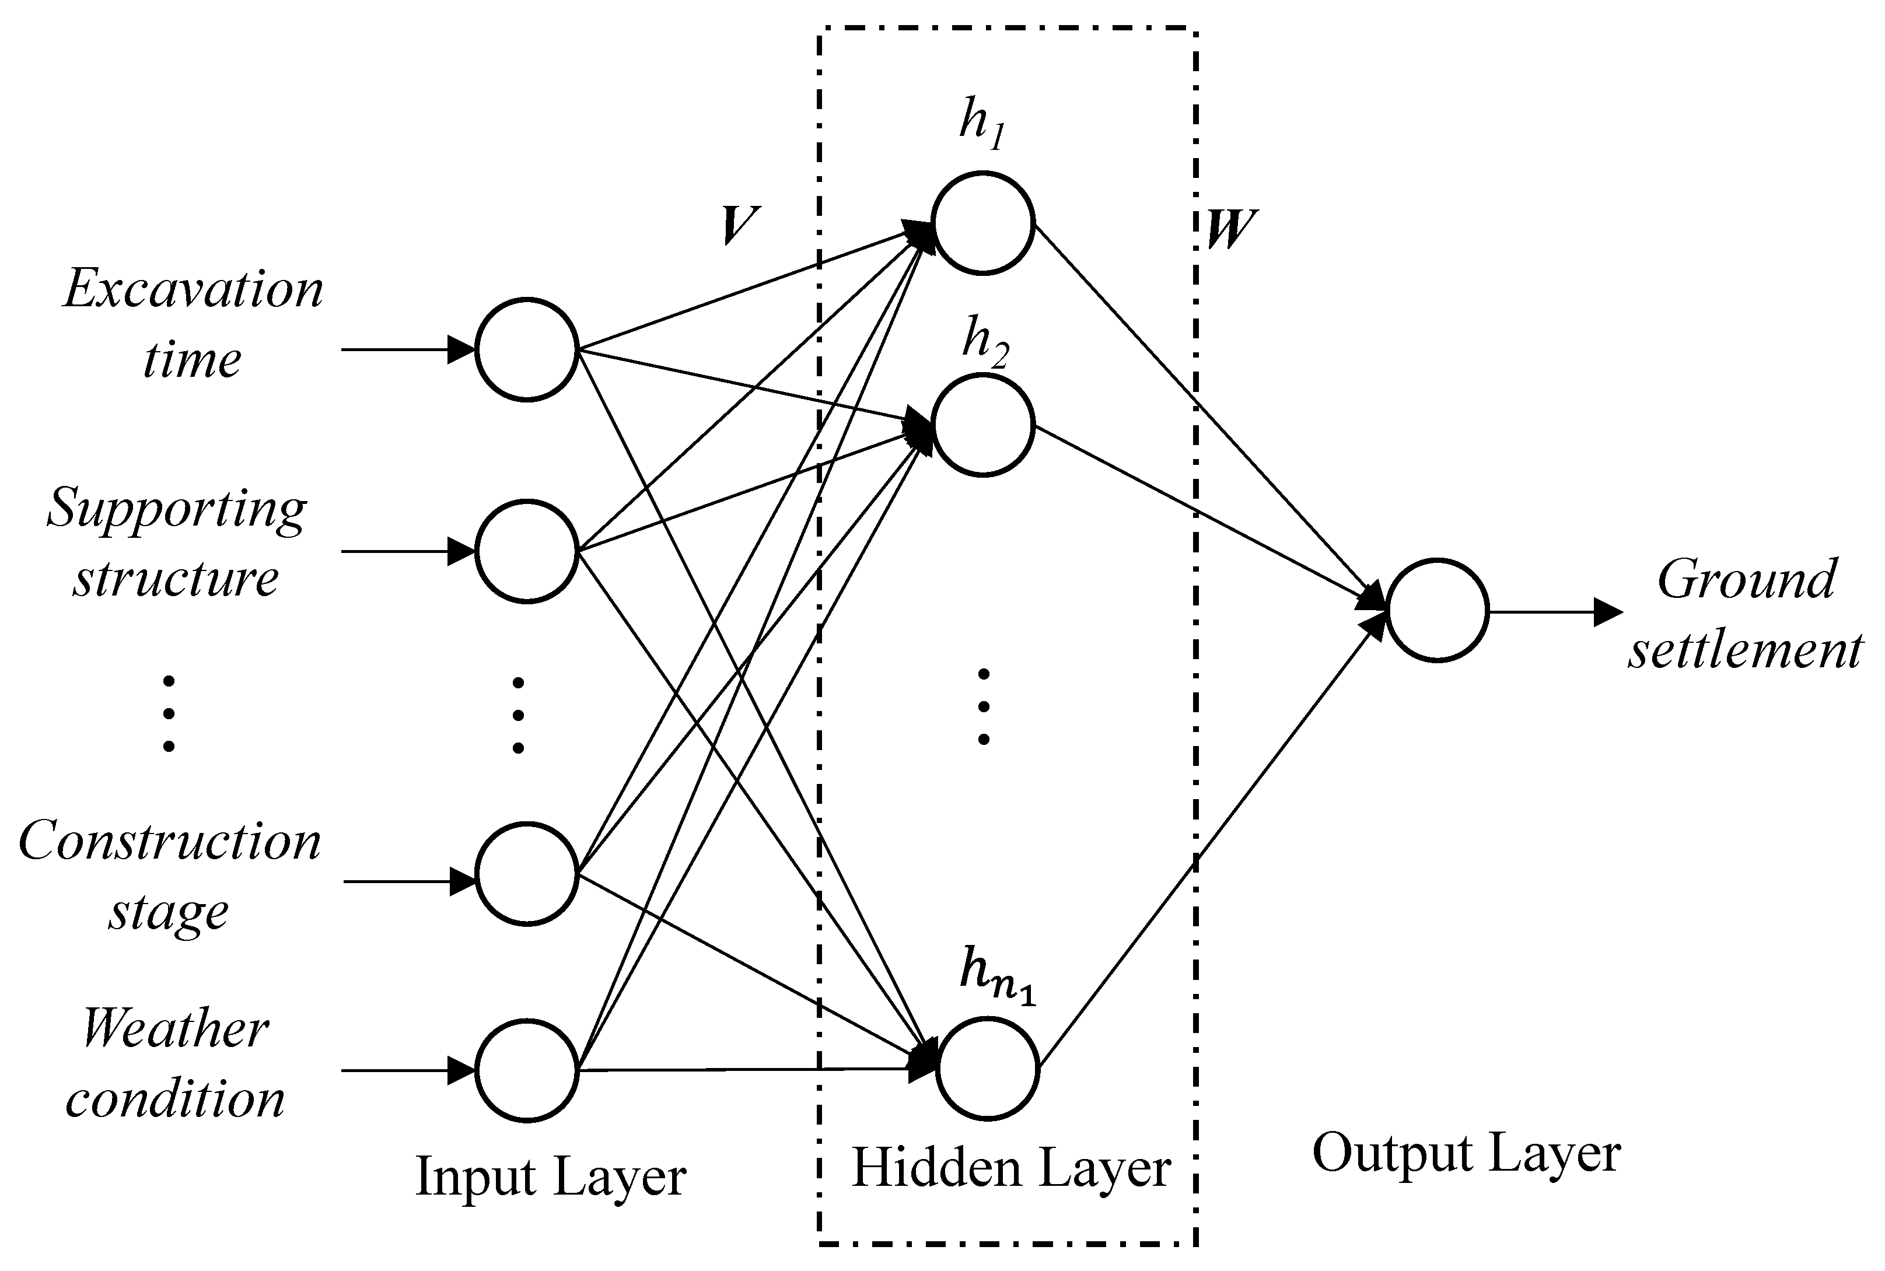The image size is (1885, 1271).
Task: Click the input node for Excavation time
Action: (x=526, y=349)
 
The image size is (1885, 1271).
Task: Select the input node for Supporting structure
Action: (x=526, y=551)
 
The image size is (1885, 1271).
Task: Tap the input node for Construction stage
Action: (x=526, y=874)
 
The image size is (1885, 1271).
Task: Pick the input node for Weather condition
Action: (x=526, y=1071)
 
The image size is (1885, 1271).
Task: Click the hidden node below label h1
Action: (x=982, y=223)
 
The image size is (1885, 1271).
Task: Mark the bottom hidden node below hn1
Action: (x=988, y=1069)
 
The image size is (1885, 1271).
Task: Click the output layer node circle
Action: (x=1437, y=610)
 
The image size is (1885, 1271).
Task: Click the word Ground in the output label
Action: (x=1746, y=580)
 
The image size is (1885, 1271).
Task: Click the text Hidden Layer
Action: (x=1011, y=1168)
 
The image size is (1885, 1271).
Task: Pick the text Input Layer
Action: (x=551, y=1176)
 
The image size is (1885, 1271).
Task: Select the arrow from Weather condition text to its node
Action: (x=408, y=1071)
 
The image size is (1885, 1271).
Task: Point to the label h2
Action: (x=984, y=342)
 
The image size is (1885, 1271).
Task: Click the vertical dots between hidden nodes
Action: (x=984, y=706)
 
